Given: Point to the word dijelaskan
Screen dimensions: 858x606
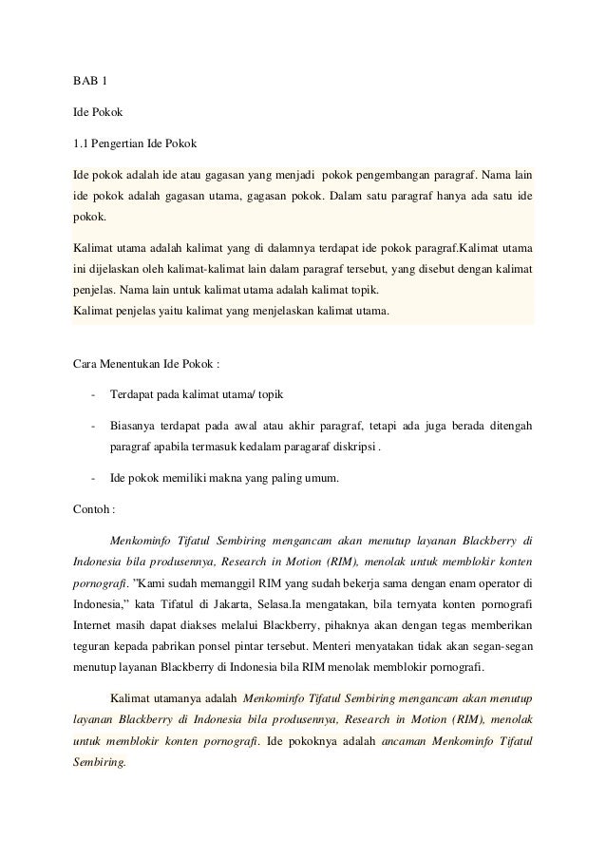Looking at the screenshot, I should (x=123, y=268).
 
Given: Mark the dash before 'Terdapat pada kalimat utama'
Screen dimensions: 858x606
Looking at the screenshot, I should (x=92, y=393).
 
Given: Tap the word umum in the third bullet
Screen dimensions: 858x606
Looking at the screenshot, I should (x=331, y=478).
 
